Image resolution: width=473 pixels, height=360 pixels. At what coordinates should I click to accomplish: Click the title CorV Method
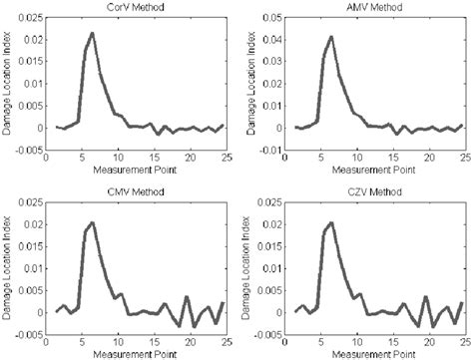[138, 7]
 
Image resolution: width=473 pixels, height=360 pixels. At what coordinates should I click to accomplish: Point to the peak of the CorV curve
[92, 34]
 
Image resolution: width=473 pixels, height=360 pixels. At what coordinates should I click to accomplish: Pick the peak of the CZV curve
[330, 222]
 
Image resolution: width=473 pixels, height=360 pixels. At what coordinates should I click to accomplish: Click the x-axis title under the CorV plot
[136, 170]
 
